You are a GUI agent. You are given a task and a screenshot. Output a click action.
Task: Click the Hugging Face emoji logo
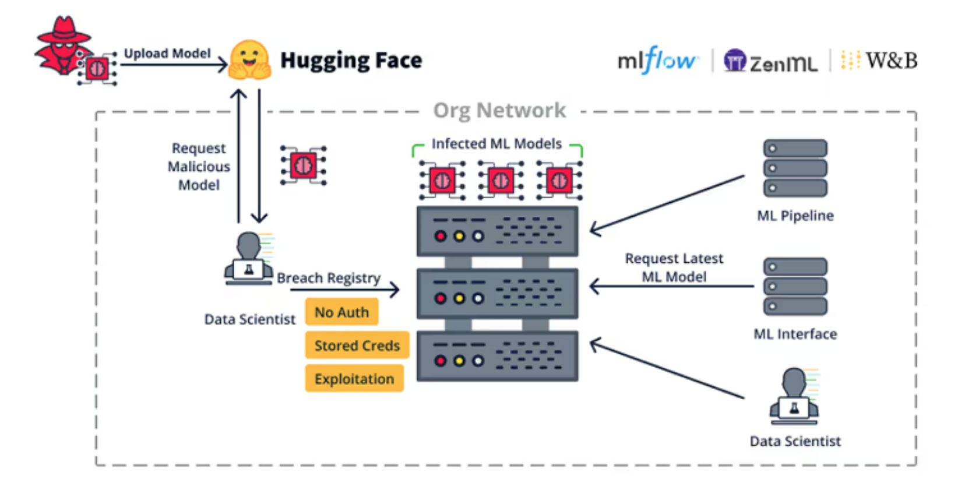click(x=249, y=59)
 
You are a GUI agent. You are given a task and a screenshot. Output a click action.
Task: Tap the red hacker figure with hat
click(x=63, y=47)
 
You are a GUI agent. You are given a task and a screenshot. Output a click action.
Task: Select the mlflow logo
click(x=657, y=61)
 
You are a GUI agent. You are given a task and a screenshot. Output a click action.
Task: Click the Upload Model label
click(x=167, y=54)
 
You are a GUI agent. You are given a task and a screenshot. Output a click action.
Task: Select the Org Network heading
click(x=499, y=110)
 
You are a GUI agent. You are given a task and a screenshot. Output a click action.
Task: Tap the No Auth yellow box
click(x=341, y=312)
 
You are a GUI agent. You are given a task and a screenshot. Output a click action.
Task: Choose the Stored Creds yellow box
click(x=357, y=346)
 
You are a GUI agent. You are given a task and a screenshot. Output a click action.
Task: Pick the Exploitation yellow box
click(x=354, y=379)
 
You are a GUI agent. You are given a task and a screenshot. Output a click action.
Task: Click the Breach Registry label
click(x=329, y=278)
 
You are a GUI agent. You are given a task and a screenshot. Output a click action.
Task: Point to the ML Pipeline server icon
click(x=795, y=168)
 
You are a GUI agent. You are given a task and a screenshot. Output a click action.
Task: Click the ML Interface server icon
click(x=795, y=286)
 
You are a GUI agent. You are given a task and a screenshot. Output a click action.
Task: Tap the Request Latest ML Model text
click(x=674, y=267)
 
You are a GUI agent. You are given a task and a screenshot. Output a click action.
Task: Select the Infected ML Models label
click(x=496, y=144)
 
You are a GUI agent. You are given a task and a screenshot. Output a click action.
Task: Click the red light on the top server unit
click(x=441, y=236)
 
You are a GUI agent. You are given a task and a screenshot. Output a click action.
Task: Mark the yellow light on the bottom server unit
click(x=459, y=361)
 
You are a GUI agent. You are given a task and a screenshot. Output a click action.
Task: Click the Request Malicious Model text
click(x=199, y=167)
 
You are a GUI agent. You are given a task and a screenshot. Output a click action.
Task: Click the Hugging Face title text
click(x=351, y=61)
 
